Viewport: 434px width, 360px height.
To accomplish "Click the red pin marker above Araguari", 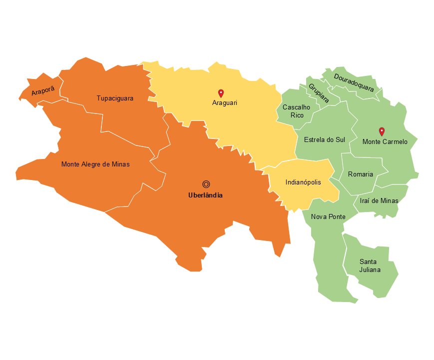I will (221, 93).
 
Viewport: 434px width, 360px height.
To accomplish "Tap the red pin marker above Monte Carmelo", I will (382, 131).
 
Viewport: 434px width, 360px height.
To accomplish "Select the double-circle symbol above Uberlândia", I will (206, 184).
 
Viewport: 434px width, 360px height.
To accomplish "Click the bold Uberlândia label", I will (205, 195).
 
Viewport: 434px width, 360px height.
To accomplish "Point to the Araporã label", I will (43, 91).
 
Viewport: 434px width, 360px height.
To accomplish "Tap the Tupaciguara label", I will (115, 98).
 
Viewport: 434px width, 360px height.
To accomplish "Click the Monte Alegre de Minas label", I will (95, 164).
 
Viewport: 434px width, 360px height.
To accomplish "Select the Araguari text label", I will (224, 103).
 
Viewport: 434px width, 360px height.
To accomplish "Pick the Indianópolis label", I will (303, 182).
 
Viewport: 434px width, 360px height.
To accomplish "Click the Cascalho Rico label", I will (296, 111).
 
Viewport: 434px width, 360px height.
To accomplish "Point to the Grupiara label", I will (319, 93).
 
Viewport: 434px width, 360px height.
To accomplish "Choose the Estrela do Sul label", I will (325, 139).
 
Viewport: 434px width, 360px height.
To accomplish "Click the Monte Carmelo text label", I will (385, 142).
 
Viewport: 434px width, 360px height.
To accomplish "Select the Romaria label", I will (360, 174).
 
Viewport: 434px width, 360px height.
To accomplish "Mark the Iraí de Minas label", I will (379, 201).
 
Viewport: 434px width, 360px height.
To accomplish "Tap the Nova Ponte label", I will (328, 217).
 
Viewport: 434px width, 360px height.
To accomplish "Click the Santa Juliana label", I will (370, 266).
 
